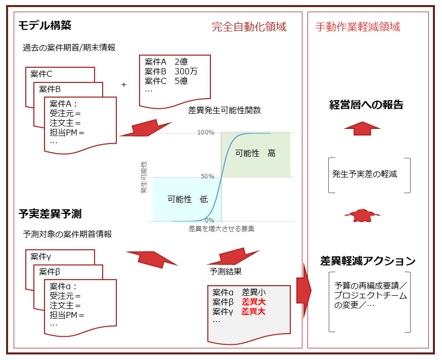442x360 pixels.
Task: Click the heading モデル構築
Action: tap(45, 25)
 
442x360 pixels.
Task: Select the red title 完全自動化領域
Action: tap(249, 27)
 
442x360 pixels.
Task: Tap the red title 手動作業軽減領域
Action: tap(357, 27)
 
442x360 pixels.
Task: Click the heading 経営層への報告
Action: tap(366, 105)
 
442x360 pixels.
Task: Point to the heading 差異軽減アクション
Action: tap(368, 261)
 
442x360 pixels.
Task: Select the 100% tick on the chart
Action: tap(206, 132)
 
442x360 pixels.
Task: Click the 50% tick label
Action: tap(207, 176)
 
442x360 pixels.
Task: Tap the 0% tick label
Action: tap(209, 220)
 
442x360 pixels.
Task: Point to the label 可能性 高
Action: tap(255, 153)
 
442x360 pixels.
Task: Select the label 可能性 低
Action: tap(187, 199)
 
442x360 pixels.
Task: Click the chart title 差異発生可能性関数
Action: tap(225, 110)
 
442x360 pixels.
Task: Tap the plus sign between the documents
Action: tap(123, 85)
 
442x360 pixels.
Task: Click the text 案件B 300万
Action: tap(171, 71)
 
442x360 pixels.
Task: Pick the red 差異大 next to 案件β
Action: tap(253, 302)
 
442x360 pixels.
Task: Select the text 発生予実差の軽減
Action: tap(365, 174)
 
